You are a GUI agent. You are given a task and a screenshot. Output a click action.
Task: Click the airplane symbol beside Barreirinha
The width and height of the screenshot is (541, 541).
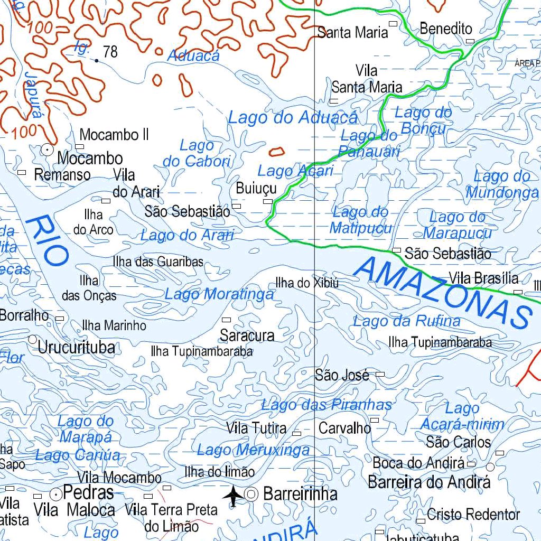(x=232, y=495)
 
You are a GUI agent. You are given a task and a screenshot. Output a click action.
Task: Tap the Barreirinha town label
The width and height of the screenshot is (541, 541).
(x=300, y=495)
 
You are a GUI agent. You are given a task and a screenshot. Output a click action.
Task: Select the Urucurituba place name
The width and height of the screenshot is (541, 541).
(x=76, y=348)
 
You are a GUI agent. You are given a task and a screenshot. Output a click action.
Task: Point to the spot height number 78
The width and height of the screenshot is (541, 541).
(x=110, y=52)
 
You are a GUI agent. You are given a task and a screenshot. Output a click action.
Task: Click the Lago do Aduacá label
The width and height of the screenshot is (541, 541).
(x=293, y=118)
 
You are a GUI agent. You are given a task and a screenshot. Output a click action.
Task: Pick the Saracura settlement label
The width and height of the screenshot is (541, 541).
(x=247, y=335)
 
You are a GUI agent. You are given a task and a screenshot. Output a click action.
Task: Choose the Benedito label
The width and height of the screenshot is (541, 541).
(x=446, y=29)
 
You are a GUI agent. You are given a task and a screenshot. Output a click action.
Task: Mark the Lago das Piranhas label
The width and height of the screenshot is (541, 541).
(x=327, y=405)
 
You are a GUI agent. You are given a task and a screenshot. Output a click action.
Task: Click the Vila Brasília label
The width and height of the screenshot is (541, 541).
(x=483, y=278)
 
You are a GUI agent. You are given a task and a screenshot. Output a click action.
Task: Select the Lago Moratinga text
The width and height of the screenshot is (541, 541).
(x=219, y=294)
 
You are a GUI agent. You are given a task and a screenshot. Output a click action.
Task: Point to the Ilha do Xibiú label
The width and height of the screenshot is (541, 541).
(x=307, y=283)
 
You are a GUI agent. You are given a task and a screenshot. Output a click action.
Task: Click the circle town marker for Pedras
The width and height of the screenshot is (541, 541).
(x=55, y=495)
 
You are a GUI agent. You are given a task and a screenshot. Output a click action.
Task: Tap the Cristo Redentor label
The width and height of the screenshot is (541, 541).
(x=473, y=514)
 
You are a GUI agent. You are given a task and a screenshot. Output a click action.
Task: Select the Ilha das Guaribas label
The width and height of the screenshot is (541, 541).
(x=158, y=262)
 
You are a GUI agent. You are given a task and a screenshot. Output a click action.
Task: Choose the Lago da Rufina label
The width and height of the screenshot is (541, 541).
(x=406, y=321)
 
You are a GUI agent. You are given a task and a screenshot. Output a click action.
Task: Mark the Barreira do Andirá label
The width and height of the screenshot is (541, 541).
(x=429, y=482)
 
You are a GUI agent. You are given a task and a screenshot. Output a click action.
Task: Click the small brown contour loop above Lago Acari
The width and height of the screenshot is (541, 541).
(x=277, y=152)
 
